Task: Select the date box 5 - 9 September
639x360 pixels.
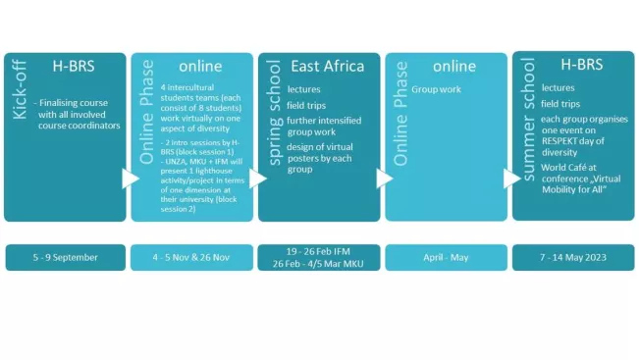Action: (65, 257)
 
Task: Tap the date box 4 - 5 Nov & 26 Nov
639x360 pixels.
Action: (191, 257)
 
